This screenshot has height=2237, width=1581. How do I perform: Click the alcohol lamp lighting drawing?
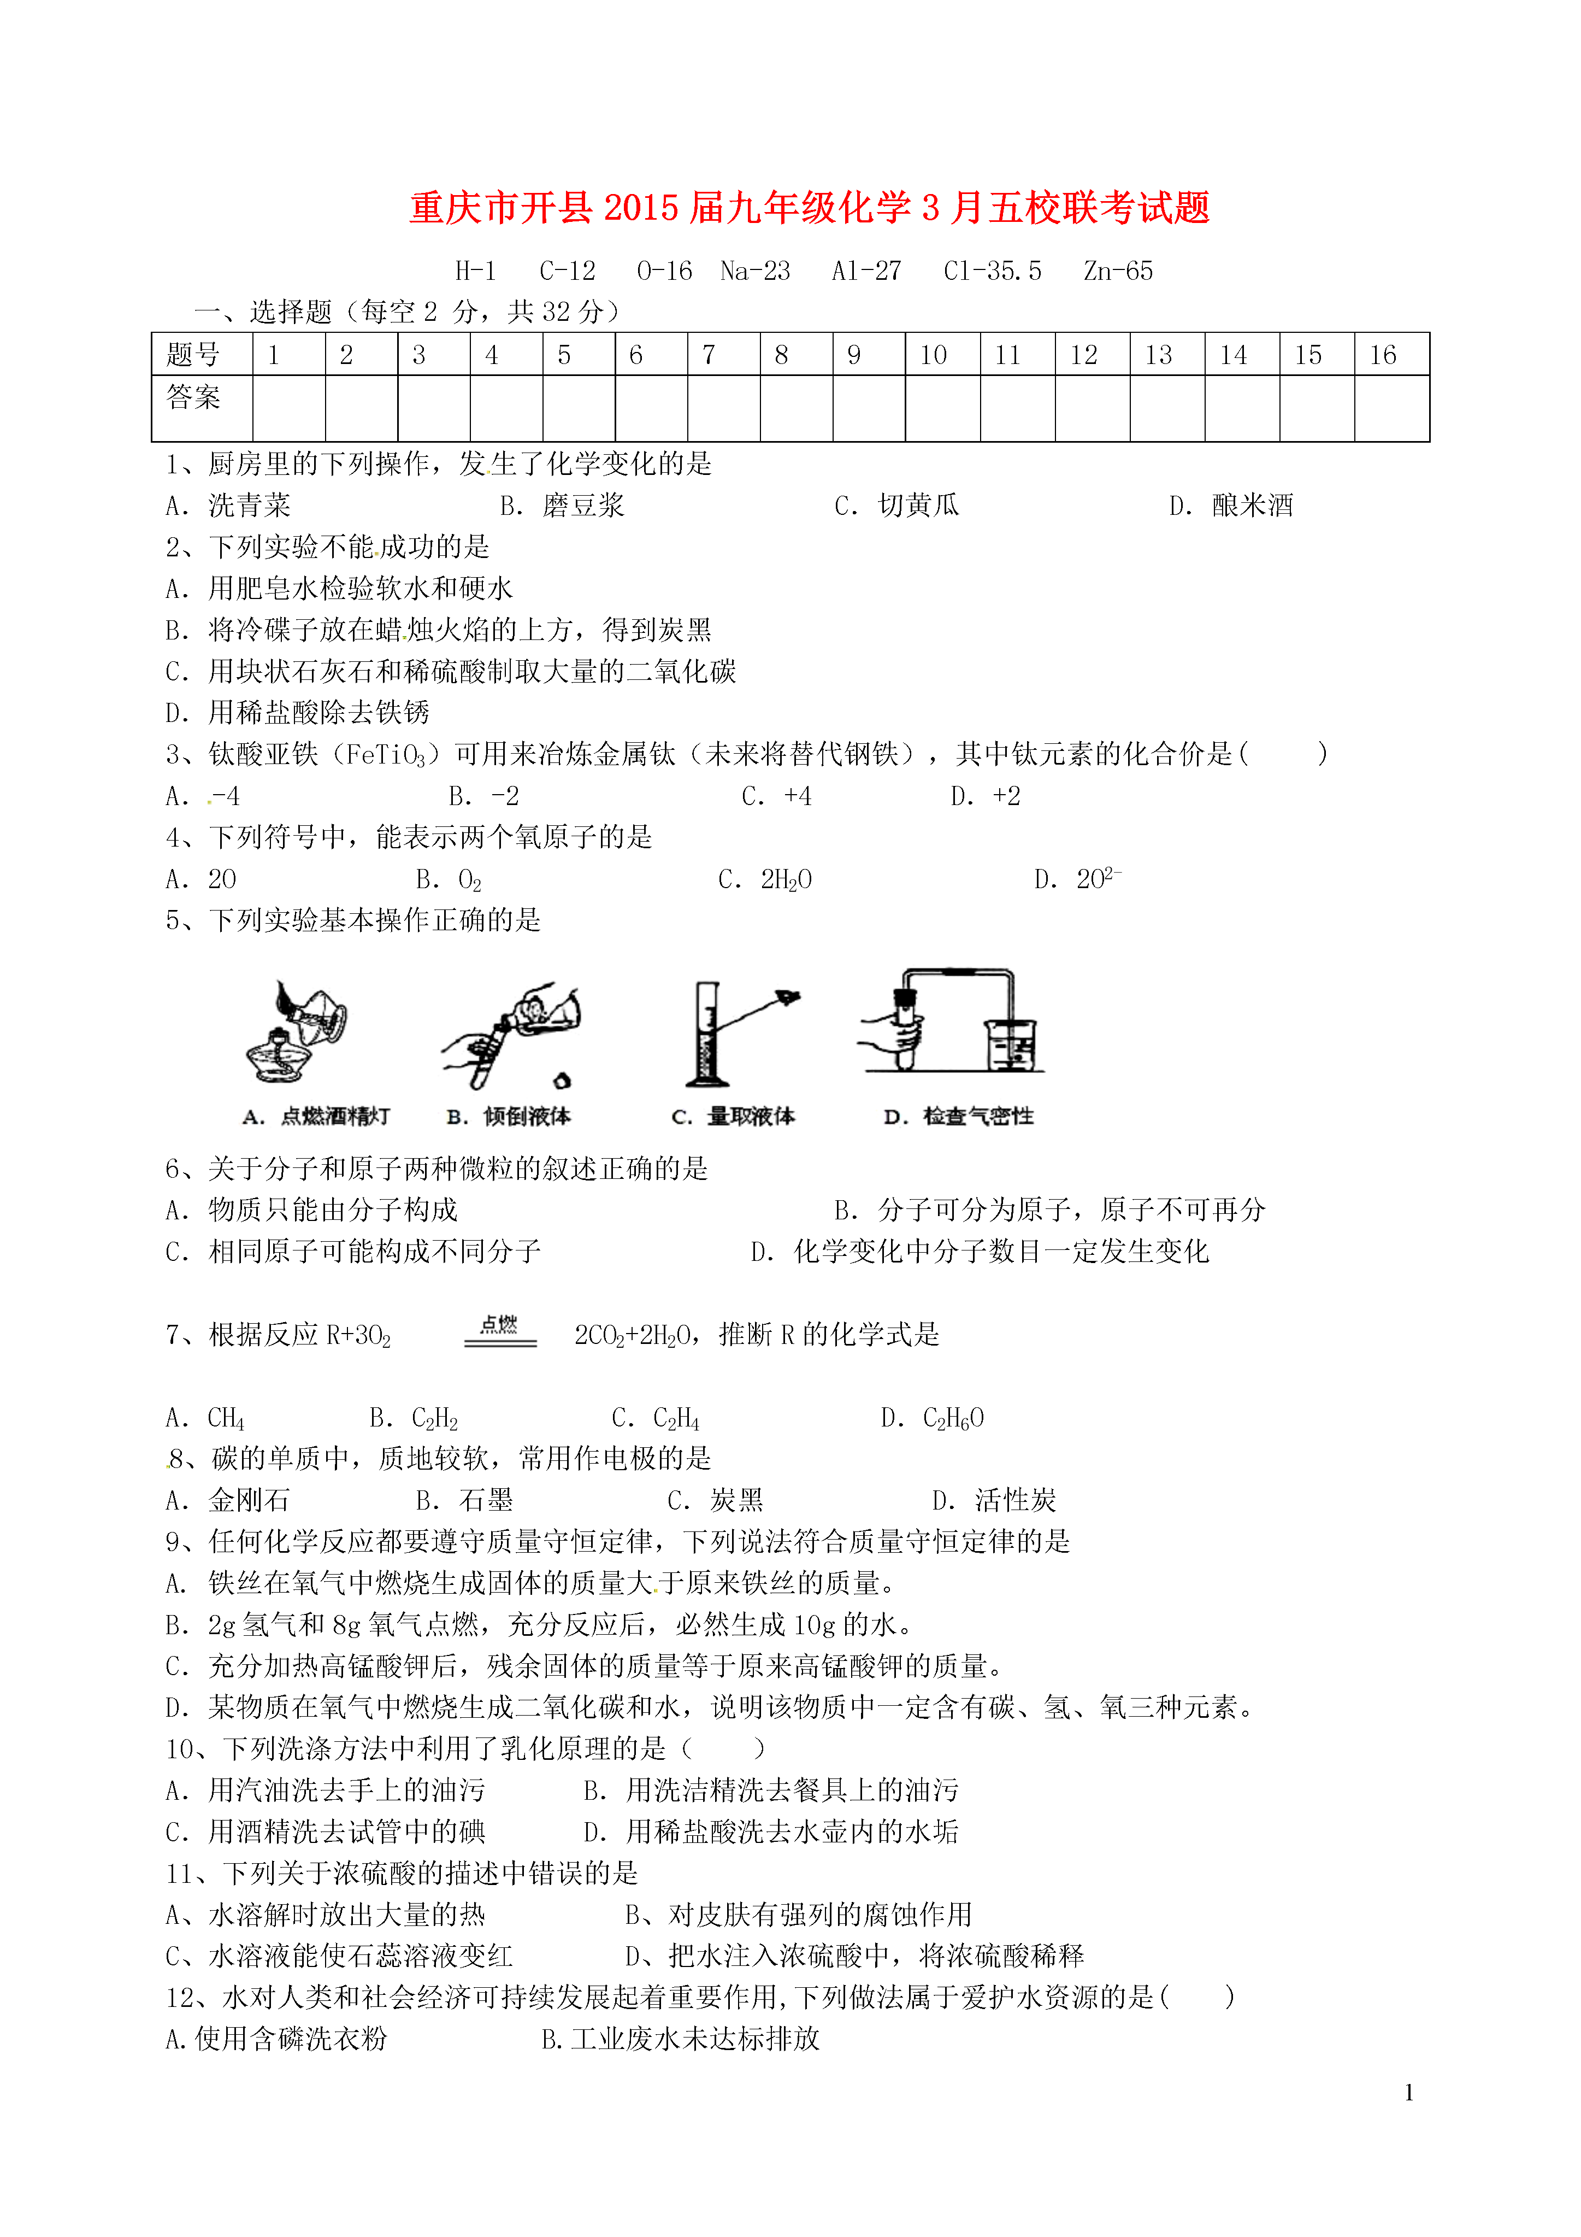(297, 1033)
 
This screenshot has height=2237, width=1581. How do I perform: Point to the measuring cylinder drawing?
(705, 1035)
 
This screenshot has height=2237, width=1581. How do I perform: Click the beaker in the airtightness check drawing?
(1011, 1046)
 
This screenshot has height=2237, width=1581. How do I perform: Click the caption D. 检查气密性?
(959, 1117)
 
